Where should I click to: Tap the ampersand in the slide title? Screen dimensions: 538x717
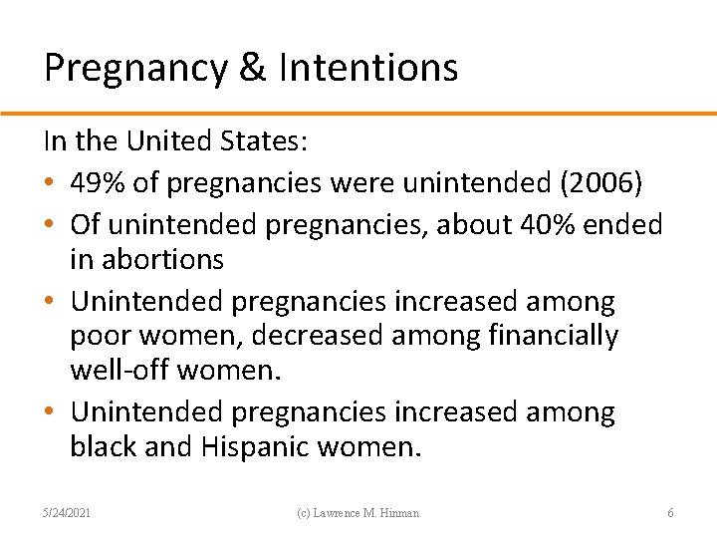tap(253, 69)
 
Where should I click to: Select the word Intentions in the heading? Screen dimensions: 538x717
tap(368, 69)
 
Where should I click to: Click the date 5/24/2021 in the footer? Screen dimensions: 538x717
tap(68, 513)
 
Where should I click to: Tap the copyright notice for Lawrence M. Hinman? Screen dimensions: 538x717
tap(358, 513)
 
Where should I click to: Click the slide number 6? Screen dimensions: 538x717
tap(670, 513)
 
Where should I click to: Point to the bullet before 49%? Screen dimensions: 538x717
tap(51, 184)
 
